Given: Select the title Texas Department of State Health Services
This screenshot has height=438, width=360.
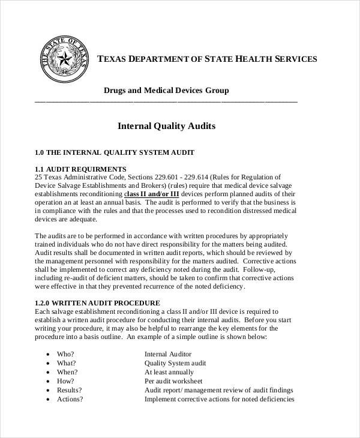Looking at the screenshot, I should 206,59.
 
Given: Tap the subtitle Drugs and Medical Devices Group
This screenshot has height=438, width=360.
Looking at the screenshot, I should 166,91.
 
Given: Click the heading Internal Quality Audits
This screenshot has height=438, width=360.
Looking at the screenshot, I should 166,127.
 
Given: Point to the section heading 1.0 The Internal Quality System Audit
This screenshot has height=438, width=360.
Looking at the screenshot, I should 114,152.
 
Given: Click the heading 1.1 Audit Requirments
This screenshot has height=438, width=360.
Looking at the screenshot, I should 80,169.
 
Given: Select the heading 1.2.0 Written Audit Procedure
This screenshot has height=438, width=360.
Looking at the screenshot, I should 97,303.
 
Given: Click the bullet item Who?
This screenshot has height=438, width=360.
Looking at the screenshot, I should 65,354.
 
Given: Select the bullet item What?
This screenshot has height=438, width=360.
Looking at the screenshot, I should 66,363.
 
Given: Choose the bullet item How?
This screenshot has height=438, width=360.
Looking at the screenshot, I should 65,381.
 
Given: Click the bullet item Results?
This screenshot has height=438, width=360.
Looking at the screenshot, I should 69,390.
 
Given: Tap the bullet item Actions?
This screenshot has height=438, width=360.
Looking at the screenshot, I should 70,399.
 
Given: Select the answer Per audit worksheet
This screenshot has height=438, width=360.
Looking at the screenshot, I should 173,381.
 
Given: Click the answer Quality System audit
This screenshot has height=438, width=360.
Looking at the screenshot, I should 175,363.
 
